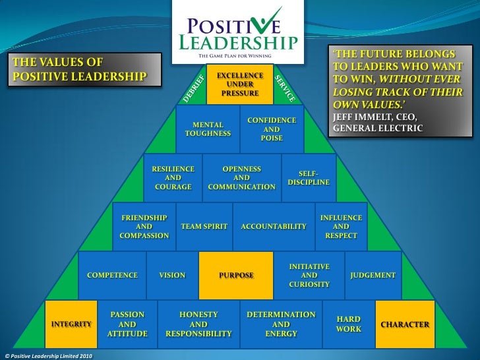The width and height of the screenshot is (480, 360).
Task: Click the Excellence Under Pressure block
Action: tap(239, 84)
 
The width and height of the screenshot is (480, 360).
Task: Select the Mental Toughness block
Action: tap(208, 129)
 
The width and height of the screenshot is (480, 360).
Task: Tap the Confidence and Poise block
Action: tap(272, 129)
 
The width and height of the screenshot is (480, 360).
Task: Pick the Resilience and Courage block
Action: tap(173, 178)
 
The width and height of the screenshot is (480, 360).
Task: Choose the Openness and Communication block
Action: tap(241, 178)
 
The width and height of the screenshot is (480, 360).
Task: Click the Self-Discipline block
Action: tap(309, 177)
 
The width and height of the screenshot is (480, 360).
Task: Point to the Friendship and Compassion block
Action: tap(144, 226)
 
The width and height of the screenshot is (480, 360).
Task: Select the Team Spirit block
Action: tap(204, 226)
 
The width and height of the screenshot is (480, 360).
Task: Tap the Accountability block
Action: tap(274, 226)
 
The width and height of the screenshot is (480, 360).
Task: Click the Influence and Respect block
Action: tap(341, 226)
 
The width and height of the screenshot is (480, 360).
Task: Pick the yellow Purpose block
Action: tap(236, 275)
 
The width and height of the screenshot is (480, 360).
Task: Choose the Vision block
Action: tap(172, 275)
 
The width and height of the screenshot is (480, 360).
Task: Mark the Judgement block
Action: tap(373, 275)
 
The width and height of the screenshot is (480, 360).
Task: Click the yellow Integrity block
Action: tap(71, 324)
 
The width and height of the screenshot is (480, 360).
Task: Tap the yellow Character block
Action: tap(405, 324)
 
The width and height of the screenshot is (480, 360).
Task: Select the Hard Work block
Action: tap(348, 324)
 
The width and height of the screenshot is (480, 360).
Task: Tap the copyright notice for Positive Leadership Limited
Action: tap(49, 356)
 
